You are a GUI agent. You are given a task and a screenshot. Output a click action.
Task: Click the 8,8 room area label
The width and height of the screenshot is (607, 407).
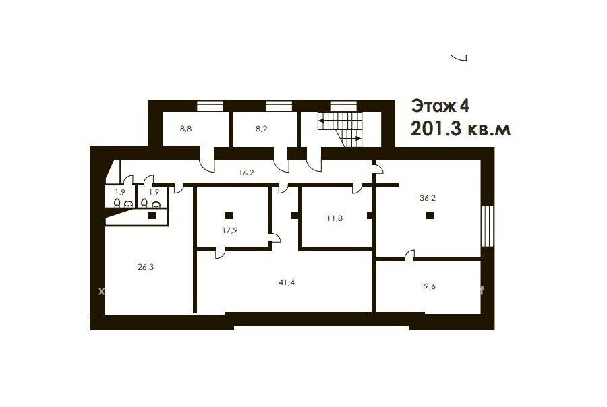point(186,129)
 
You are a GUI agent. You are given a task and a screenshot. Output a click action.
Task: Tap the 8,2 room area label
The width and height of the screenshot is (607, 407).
point(261,129)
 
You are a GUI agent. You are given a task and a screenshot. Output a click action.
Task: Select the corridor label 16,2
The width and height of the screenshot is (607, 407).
point(246,173)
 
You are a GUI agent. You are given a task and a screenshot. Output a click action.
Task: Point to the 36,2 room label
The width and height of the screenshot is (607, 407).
point(428,198)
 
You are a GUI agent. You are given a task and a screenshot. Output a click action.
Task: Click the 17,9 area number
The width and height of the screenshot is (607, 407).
point(230,230)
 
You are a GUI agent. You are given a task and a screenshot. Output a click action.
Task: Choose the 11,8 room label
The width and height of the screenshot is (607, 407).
point(335,218)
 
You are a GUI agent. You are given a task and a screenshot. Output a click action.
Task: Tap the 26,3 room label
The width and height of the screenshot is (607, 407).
point(146,267)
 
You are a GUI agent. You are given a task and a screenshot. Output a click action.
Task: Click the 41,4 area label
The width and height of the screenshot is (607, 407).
point(287,282)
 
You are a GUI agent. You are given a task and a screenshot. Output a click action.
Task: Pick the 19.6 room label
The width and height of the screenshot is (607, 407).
point(428,286)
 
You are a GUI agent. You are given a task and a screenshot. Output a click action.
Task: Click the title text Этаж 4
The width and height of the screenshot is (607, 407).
point(440,106)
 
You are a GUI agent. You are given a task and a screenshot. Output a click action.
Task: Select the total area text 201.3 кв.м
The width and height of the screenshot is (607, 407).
point(460,129)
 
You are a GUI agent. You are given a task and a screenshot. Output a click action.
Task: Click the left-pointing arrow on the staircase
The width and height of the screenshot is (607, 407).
point(340,121)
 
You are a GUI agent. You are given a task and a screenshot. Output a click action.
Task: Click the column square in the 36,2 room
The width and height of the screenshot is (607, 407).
point(430,216)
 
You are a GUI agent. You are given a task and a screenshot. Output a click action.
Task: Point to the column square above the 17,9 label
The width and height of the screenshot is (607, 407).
point(229,216)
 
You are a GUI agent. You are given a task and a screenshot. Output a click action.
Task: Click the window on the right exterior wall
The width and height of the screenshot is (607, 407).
point(488,226)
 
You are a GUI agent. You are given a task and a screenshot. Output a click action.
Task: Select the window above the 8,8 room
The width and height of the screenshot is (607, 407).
point(210,106)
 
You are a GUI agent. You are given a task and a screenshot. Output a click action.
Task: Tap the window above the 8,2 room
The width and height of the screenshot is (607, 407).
point(279,106)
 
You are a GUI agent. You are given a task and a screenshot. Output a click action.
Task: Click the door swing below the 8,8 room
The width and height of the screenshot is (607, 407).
point(207,160)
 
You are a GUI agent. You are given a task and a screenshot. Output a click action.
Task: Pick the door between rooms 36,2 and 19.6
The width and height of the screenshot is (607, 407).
point(409,255)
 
